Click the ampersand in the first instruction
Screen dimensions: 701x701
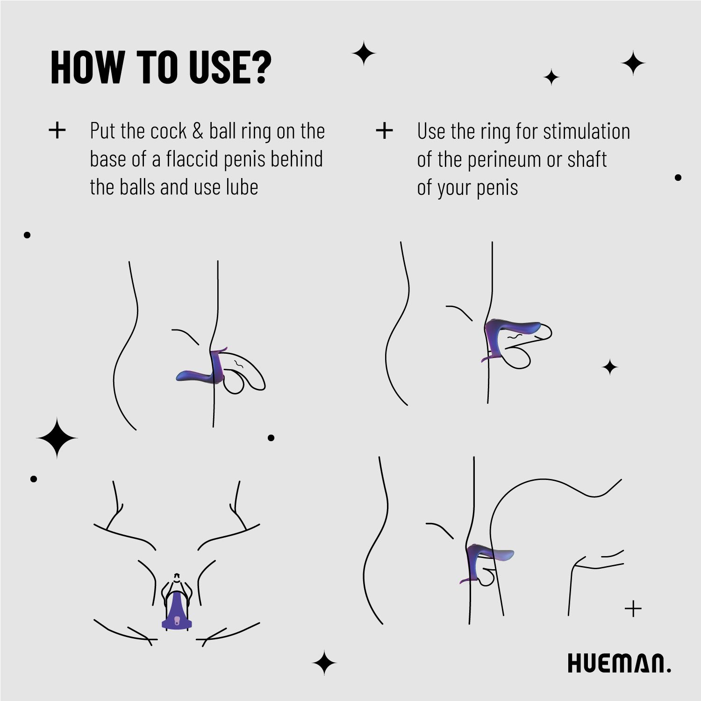point(198,131)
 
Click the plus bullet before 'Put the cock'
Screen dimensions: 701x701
point(57,131)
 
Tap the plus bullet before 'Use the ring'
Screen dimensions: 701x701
point(384,131)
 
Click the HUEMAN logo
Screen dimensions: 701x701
point(619,663)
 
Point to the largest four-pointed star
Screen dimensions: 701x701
point(57,438)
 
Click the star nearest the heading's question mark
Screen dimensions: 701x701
point(364,53)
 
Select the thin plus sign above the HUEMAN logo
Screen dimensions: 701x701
point(633,609)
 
